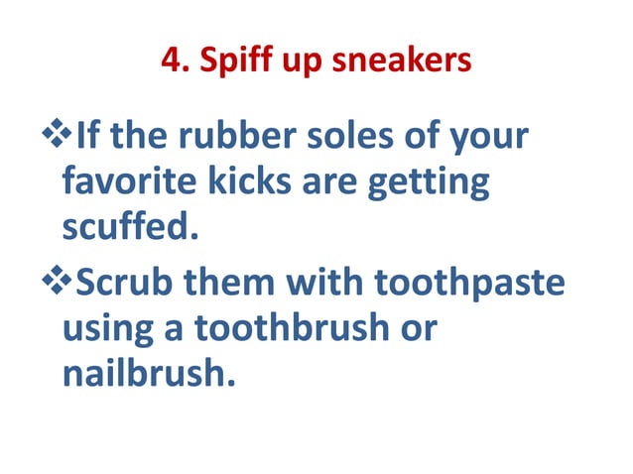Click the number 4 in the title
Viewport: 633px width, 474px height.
pyautogui.click(x=168, y=61)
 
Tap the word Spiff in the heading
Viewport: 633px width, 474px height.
pyautogui.click(x=223, y=61)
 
